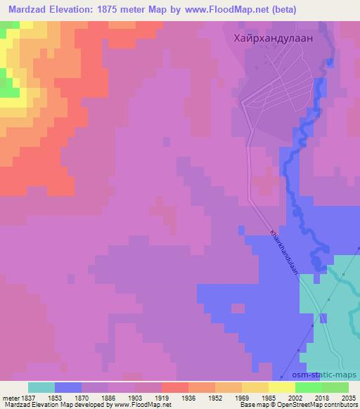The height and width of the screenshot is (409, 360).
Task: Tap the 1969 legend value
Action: [x=243, y=398]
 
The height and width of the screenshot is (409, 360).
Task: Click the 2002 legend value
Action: [x=295, y=398]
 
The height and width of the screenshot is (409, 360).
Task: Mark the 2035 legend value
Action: [x=348, y=398]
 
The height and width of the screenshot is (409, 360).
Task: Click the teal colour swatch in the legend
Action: [x=41, y=387]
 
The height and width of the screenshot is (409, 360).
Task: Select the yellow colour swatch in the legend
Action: [x=282, y=387]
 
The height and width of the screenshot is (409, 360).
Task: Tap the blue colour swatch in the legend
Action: [x=68, y=387]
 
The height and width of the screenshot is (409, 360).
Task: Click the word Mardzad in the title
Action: [x=27, y=10]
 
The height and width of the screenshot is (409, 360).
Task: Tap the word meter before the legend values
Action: [x=10, y=398]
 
